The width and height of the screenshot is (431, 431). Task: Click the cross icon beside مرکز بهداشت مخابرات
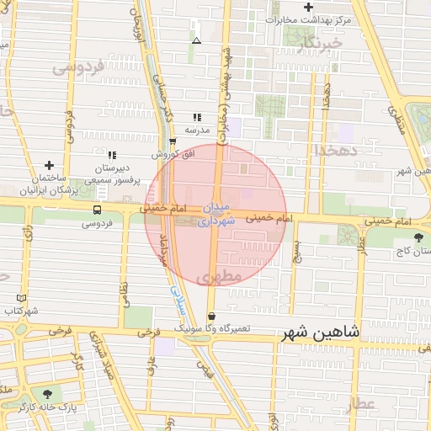click(x=309, y=8)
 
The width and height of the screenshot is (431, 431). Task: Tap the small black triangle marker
click(x=196, y=40)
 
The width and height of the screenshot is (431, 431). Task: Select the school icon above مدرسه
click(x=197, y=117)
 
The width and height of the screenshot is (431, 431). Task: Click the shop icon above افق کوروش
click(x=173, y=141)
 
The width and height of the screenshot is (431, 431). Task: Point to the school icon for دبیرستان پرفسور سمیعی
click(x=112, y=155)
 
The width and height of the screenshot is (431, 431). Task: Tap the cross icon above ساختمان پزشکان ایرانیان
click(x=49, y=165)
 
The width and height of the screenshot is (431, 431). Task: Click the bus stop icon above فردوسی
click(x=98, y=210)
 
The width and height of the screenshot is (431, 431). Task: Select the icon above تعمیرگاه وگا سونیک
click(x=211, y=315)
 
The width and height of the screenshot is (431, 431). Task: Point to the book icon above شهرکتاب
click(x=21, y=298)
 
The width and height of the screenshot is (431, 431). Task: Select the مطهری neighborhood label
click(x=221, y=276)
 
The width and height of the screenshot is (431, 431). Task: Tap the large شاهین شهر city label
click(x=319, y=333)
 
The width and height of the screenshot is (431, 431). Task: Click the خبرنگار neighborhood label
click(x=324, y=41)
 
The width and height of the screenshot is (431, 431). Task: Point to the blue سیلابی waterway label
click(x=177, y=298)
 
